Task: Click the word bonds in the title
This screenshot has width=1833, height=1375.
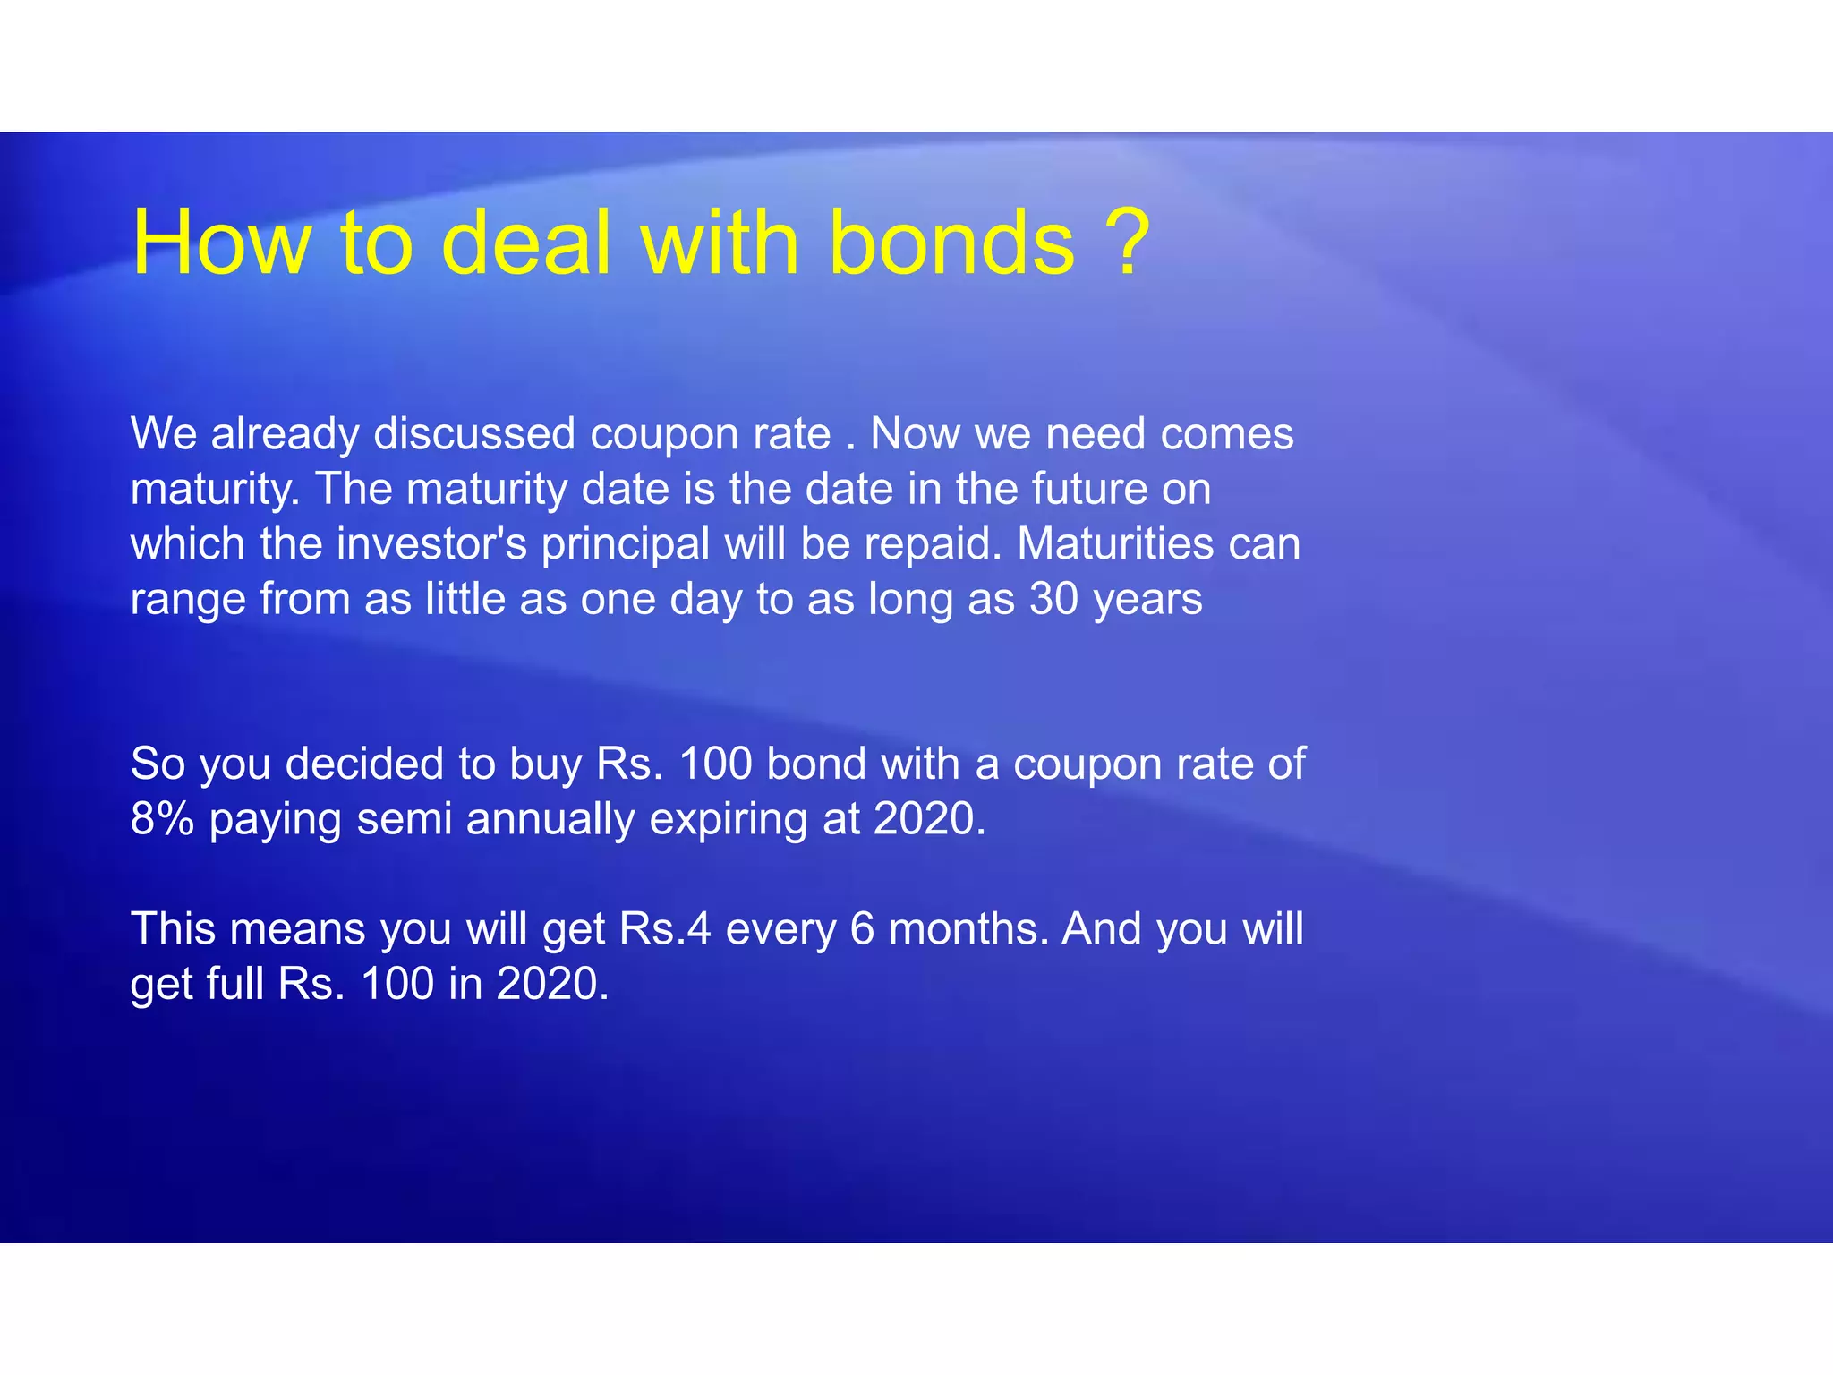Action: pyautogui.click(x=951, y=243)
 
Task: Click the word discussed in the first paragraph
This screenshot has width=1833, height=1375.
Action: pyautogui.click(x=474, y=434)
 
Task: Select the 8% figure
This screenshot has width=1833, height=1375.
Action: pyautogui.click(x=162, y=819)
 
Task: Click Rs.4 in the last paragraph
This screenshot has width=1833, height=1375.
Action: pyautogui.click(x=665, y=929)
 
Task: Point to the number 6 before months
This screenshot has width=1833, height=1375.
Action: pyautogui.click(x=862, y=929)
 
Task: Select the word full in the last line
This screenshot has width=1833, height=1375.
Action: pyautogui.click(x=234, y=984)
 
